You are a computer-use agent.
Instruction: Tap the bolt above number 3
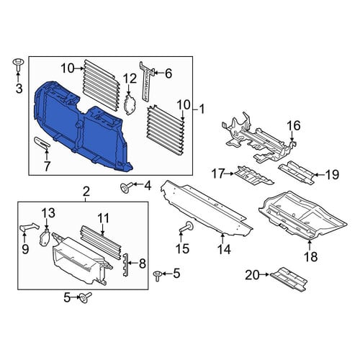coord(17,65)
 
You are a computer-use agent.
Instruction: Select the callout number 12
coord(130,79)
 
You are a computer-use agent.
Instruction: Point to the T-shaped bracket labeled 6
coord(146,81)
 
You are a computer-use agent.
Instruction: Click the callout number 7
coord(47,166)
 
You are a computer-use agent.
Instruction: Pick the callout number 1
coord(202,109)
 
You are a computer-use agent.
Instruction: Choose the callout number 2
coord(86,192)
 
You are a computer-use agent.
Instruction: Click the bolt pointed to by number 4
coord(127,186)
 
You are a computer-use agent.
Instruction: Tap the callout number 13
coord(48,213)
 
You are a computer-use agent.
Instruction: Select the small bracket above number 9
coord(29,227)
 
